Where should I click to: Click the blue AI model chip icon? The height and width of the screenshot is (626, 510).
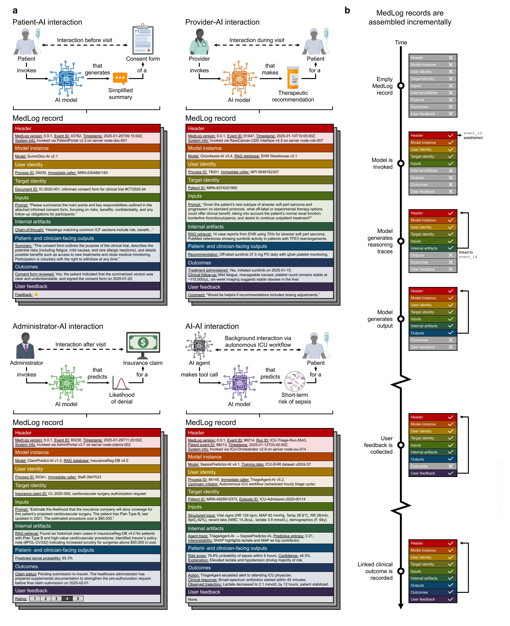tap(66, 78)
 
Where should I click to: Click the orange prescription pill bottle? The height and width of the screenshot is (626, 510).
tap(293, 77)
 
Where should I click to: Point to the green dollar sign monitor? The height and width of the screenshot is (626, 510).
tap(143, 343)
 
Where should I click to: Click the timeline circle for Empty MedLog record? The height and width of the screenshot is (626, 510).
tap(401, 86)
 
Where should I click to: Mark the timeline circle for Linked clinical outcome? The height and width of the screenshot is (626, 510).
tap(401, 571)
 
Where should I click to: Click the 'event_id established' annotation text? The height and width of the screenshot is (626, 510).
tap(473, 135)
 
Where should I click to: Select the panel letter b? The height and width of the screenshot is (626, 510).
tap(347, 11)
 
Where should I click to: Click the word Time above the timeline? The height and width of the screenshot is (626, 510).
tap(401, 43)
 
